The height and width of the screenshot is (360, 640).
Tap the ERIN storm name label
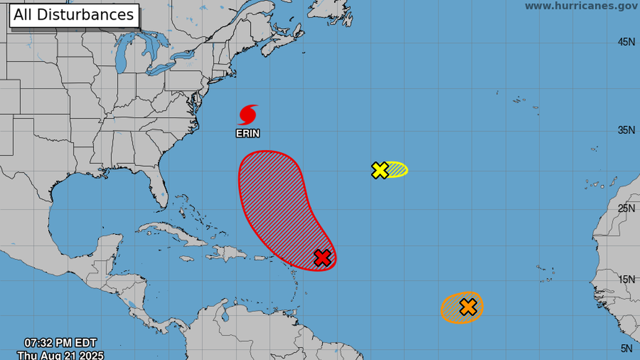248,134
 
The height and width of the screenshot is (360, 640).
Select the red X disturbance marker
322,258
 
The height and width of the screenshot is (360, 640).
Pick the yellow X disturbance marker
380,170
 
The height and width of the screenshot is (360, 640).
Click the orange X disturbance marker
468,307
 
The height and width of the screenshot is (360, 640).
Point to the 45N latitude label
626,42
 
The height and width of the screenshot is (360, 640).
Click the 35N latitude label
626,130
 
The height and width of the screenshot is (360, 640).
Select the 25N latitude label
626,209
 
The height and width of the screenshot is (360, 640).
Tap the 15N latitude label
626,280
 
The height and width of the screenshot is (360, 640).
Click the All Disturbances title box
74,15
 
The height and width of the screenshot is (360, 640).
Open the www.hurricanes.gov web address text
581,6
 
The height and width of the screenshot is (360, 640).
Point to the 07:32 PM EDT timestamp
60,343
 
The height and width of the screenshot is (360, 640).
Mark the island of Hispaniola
228,253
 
